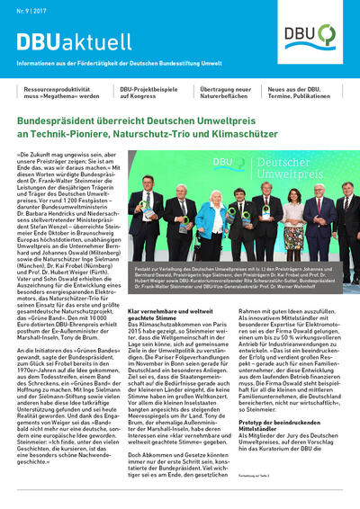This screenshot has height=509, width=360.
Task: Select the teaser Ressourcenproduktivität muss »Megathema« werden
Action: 59,94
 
